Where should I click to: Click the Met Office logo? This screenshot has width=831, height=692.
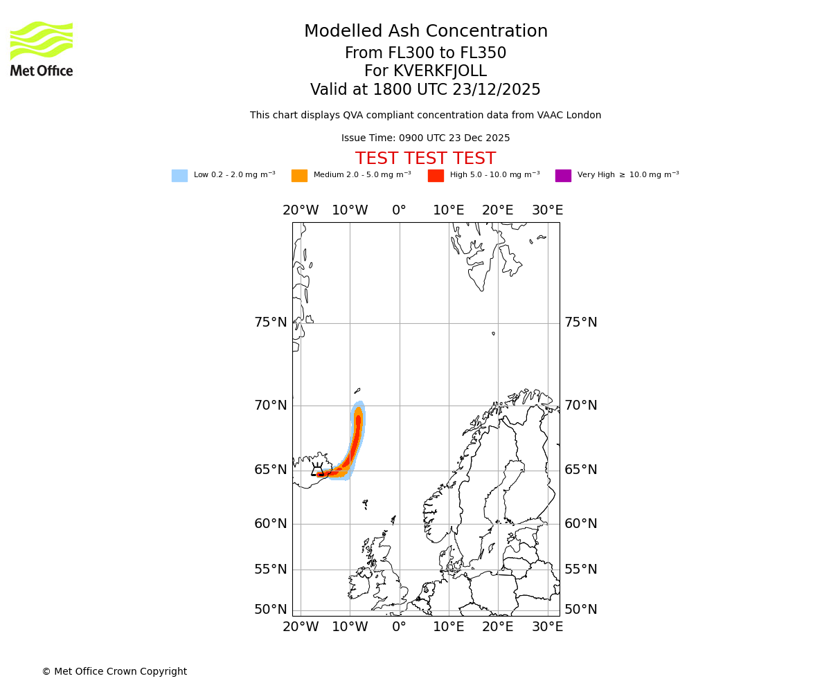[42, 48]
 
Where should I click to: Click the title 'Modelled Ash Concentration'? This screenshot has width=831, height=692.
[425, 32]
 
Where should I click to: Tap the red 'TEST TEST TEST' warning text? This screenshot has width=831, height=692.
[425, 159]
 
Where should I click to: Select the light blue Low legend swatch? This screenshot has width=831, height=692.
[179, 176]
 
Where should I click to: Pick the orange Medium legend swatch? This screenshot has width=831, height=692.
[299, 176]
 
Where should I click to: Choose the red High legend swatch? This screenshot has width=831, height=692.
[436, 176]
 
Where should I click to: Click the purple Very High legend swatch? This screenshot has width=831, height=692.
[563, 176]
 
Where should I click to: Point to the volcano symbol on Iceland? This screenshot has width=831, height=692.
[317, 470]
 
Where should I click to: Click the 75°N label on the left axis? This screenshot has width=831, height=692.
[270, 322]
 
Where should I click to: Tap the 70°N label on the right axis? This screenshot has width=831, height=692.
[580, 406]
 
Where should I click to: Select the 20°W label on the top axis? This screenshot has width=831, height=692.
[301, 210]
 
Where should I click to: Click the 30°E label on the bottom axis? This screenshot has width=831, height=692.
[547, 627]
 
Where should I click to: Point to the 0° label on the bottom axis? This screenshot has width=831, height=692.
[399, 627]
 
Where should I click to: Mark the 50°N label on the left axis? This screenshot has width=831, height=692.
[270, 610]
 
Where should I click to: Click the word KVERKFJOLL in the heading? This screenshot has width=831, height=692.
[440, 71]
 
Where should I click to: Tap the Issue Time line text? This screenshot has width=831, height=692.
[425, 138]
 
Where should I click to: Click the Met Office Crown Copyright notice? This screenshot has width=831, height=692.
[114, 672]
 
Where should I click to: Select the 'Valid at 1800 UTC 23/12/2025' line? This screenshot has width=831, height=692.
[425, 90]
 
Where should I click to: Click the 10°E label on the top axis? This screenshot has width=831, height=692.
[449, 210]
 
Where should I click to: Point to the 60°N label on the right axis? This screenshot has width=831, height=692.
[580, 524]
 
